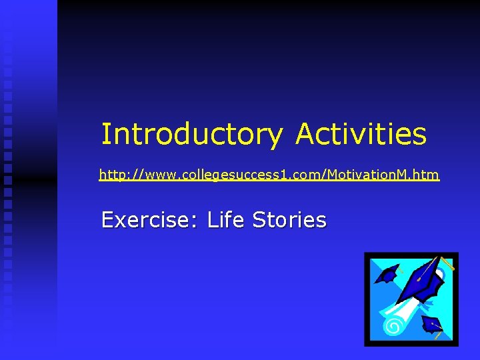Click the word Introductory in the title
tap(191, 134)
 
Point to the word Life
tap(226, 219)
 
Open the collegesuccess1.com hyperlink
tap(269, 175)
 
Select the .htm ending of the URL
tap(427, 175)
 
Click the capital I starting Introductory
tap(105, 134)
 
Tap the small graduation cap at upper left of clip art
tap(387, 273)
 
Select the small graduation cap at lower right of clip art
tap(433, 325)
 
